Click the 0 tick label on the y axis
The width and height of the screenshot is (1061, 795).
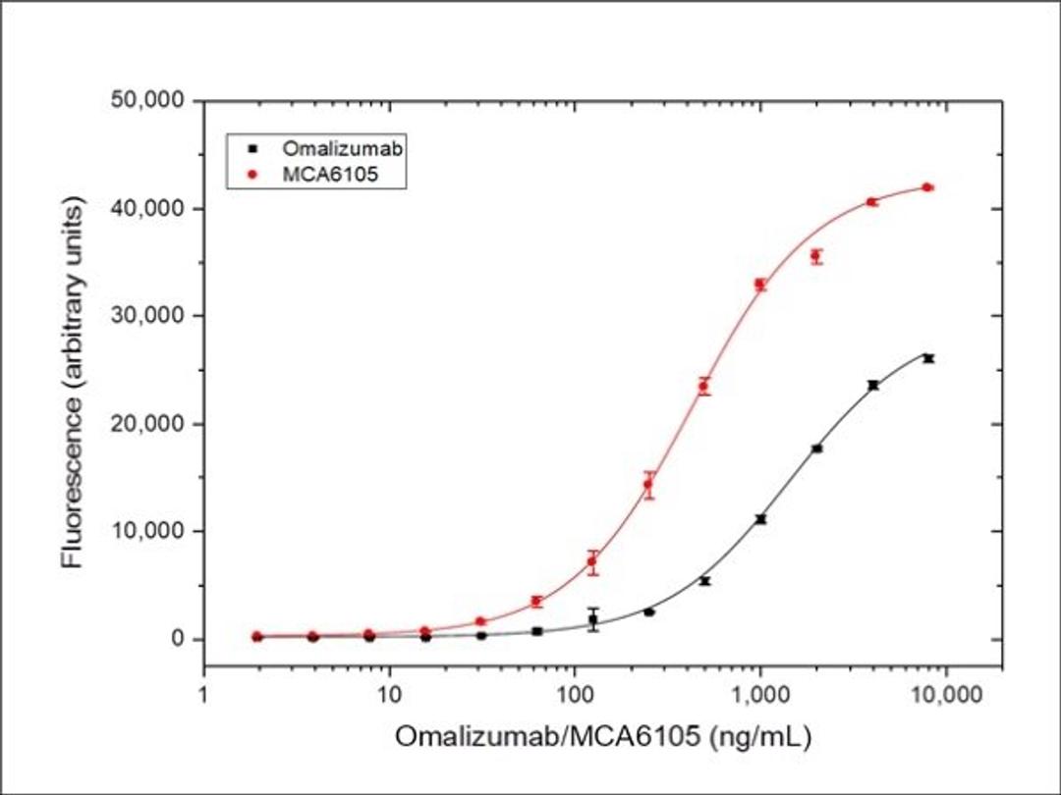point(177,639)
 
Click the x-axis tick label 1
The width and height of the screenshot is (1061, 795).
point(203,695)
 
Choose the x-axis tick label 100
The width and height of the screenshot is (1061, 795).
point(575,695)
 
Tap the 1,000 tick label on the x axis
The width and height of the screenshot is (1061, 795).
point(759,695)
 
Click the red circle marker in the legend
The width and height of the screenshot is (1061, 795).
point(253,173)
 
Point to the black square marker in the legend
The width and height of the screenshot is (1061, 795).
point(253,149)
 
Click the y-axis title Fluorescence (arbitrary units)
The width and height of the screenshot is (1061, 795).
point(73,383)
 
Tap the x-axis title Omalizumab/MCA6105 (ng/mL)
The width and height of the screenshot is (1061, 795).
point(603,737)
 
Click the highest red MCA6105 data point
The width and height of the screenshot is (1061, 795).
point(927,187)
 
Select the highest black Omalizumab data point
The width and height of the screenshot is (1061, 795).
point(927,358)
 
